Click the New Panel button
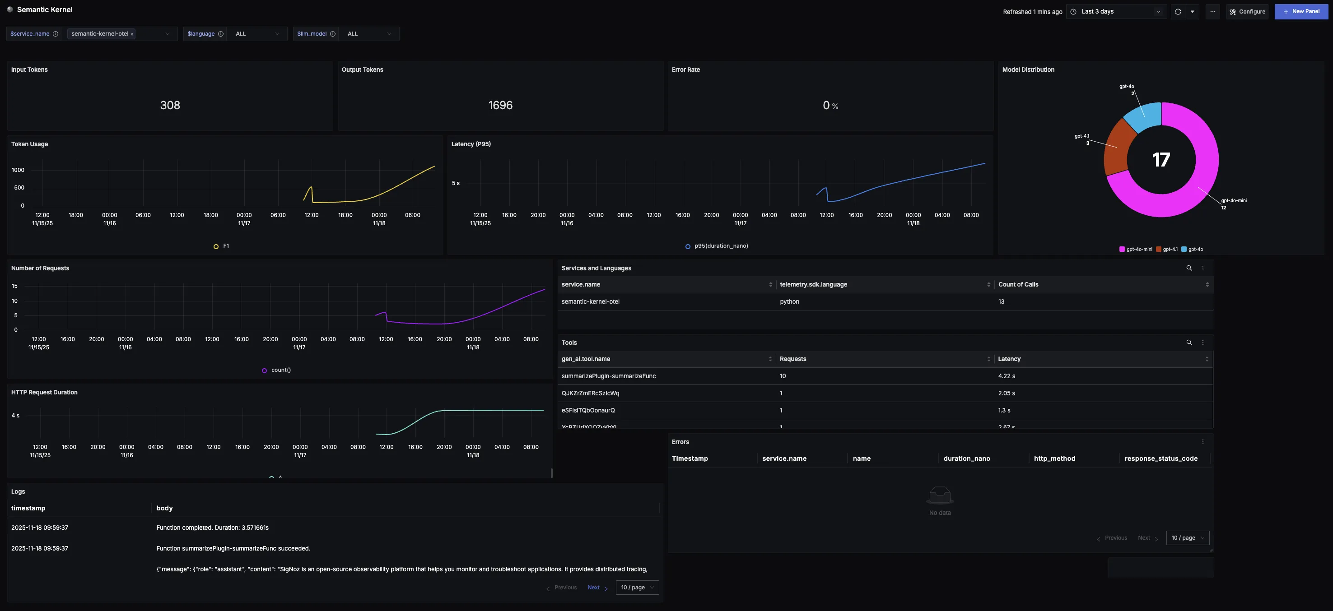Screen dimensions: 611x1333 coord(1301,11)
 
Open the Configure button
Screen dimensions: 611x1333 coord(1247,11)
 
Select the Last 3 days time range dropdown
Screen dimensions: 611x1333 coord(1116,11)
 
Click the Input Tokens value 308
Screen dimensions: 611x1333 coord(170,106)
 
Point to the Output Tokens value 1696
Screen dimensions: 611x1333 coord(500,106)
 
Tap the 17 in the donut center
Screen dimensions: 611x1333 coord(1161,160)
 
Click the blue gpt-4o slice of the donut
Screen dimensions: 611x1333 coord(1143,117)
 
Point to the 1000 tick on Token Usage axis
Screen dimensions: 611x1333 coord(18,170)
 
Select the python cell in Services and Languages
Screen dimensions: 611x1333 coord(789,302)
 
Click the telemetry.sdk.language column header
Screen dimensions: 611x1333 coord(813,285)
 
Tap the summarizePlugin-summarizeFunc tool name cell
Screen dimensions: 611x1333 coord(608,376)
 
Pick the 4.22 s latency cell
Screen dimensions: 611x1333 coord(1006,376)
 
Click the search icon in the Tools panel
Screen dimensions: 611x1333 coord(1189,343)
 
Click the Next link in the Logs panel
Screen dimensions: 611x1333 coord(593,588)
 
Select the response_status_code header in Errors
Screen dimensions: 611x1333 coord(1161,458)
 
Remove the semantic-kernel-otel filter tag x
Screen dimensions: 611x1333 coord(132,34)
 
